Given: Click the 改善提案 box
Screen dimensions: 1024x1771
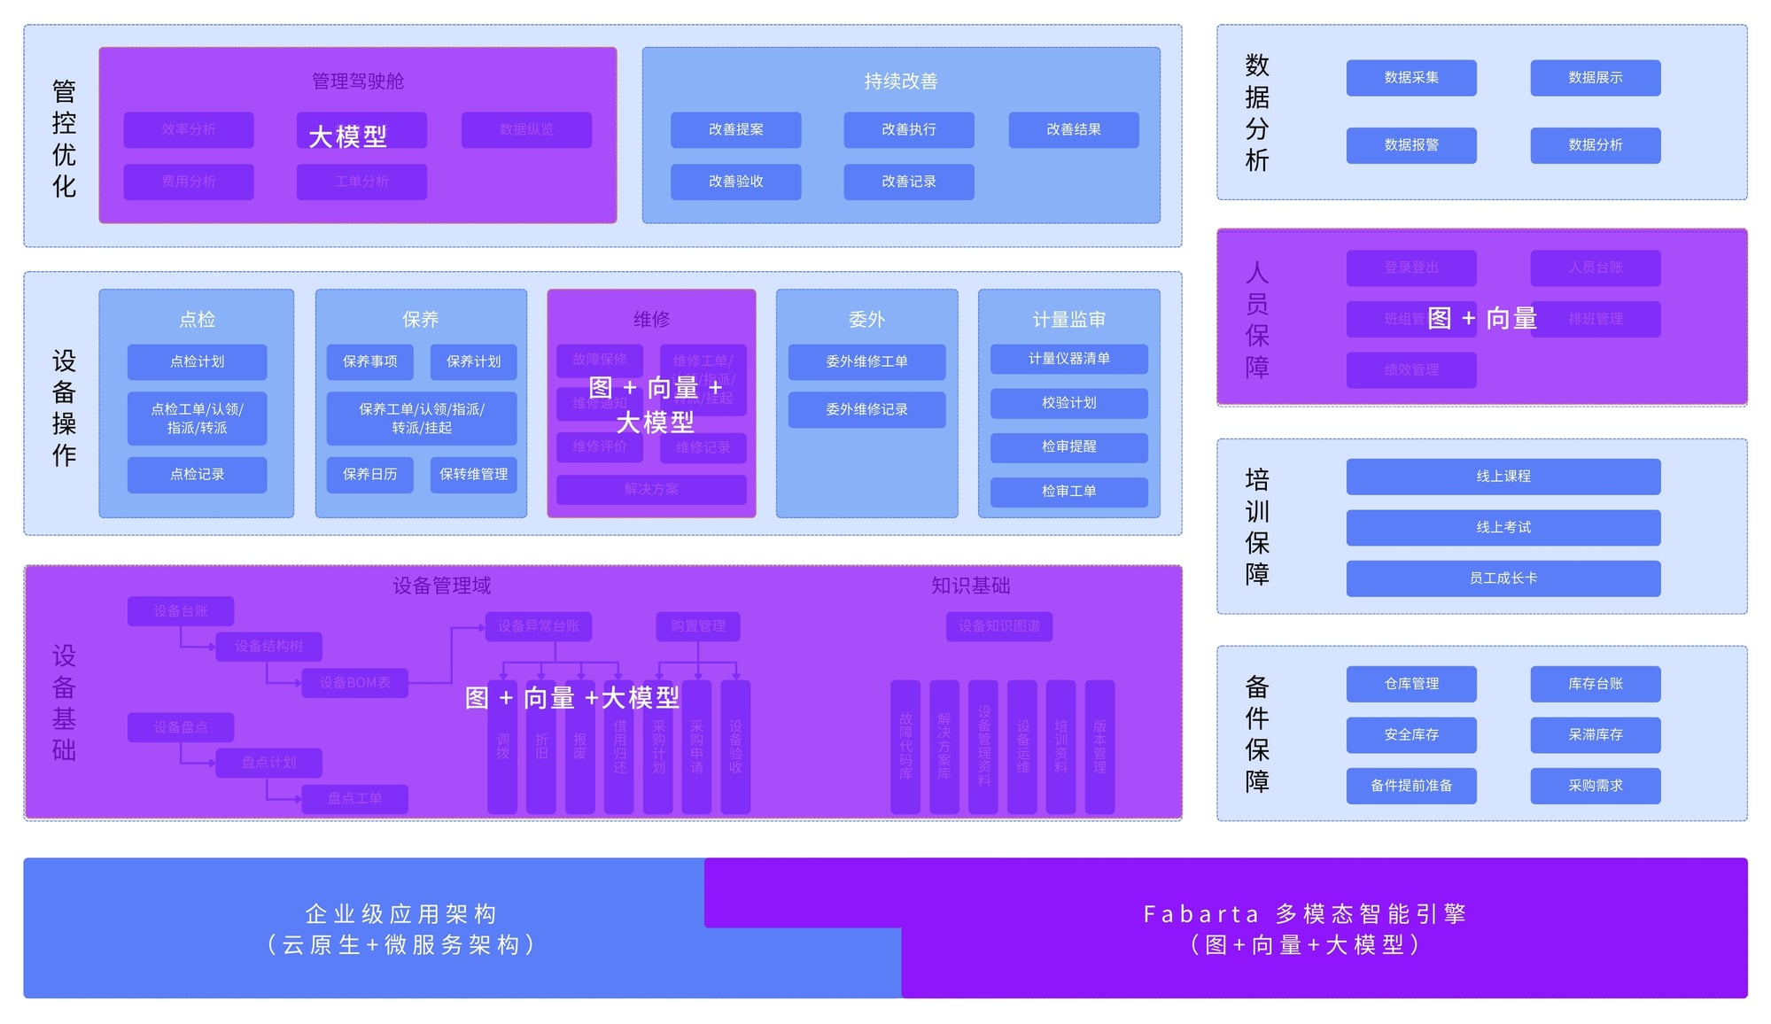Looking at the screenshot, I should [x=735, y=129].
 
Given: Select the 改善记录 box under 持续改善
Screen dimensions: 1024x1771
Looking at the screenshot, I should [x=908, y=182].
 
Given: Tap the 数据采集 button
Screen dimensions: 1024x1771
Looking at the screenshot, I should [x=1410, y=78].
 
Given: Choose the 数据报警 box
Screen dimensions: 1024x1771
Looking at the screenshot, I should [x=1410, y=145].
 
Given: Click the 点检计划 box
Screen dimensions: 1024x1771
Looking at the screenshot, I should [x=197, y=361].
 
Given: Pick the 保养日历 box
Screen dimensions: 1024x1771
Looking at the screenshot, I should [x=369, y=474].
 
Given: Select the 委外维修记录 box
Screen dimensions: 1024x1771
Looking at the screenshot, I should [x=866, y=409].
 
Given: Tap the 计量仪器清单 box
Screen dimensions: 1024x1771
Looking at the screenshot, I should [x=1068, y=359].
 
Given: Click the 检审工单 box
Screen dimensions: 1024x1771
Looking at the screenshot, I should [x=1068, y=491].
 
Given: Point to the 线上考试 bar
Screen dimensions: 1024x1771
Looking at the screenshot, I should [x=1503, y=527].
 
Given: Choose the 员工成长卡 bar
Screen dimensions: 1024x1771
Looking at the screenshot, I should [x=1503, y=578].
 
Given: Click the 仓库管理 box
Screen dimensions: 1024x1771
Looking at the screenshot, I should [x=1410, y=684].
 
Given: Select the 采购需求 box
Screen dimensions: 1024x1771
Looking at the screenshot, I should [x=1595, y=786].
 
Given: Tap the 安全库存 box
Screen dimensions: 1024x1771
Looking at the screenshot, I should [x=1410, y=734].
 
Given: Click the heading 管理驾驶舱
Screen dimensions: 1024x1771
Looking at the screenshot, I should [x=357, y=81].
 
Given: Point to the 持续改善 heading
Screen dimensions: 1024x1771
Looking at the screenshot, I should [x=900, y=81].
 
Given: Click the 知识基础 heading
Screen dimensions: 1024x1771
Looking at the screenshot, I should [x=970, y=586].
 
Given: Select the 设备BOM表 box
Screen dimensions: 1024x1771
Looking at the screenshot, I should [x=354, y=683].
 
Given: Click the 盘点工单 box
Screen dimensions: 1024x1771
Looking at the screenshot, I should [x=354, y=798].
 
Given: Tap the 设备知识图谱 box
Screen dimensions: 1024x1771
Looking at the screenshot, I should [x=998, y=626].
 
